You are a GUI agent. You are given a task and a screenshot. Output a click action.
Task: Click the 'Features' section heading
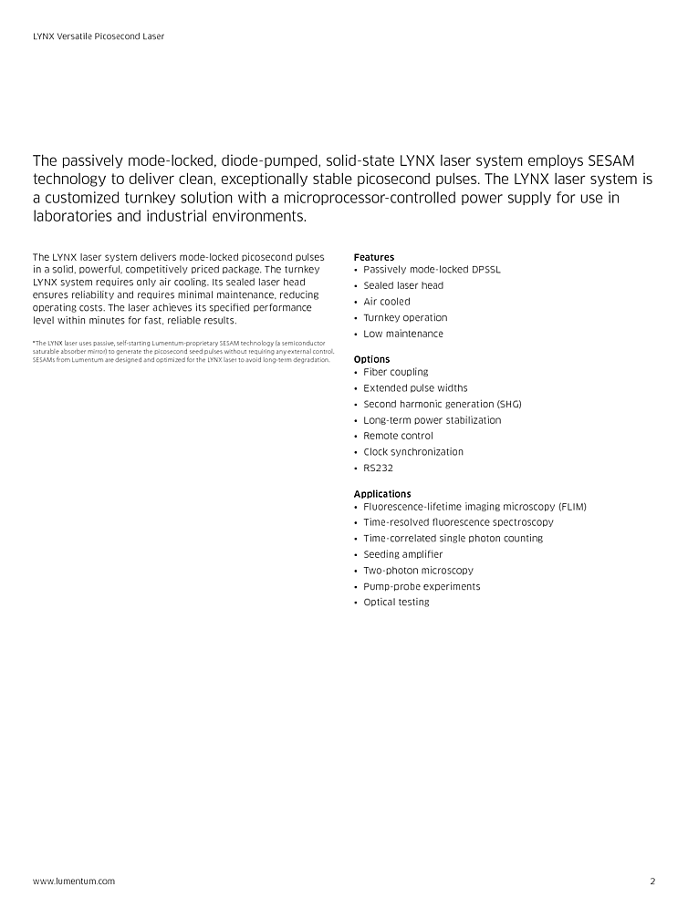point(374,257)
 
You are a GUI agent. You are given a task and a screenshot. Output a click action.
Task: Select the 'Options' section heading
point(371,359)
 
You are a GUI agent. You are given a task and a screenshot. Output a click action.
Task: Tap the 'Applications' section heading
point(382,494)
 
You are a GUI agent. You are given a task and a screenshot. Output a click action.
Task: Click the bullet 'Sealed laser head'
point(403,285)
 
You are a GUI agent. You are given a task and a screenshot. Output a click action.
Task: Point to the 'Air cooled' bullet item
point(387,302)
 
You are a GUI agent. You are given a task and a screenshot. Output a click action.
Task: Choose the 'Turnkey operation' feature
point(405,318)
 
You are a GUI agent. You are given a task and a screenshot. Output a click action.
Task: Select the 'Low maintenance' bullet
point(403,334)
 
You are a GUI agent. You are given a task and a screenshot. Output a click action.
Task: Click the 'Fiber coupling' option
point(395,372)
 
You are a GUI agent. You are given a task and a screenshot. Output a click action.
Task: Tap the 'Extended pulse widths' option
point(415,388)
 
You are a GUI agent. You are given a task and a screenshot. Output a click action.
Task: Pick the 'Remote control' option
point(398,436)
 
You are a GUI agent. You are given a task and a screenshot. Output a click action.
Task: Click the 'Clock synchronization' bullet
point(413,452)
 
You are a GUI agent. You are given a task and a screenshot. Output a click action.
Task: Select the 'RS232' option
point(379,469)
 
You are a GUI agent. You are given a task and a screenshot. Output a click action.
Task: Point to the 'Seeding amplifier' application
point(402,554)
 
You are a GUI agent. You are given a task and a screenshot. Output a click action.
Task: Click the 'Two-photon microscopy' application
point(418,571)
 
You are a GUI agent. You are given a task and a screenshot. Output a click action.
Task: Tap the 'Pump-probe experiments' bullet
point(422,586)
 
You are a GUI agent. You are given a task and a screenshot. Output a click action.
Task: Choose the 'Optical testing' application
point(396,603)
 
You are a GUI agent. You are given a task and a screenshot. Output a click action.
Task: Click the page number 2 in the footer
point(652,881)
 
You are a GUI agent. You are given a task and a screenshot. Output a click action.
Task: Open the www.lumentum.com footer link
point(74,881)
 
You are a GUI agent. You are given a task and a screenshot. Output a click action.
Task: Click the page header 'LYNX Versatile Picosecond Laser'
point(99,36)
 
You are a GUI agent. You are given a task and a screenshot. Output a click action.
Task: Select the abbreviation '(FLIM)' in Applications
point(572,506)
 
